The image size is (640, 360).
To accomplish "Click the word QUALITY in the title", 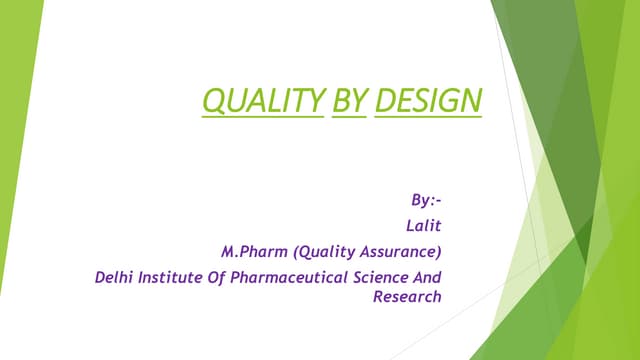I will point(263,101).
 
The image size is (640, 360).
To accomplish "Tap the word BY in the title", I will point(349,101).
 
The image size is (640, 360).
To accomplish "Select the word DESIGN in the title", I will point(427,101).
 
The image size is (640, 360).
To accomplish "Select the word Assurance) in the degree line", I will point(401,251).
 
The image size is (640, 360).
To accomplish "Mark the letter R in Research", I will point(378,296).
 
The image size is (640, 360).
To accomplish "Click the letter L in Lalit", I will point(409,226).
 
